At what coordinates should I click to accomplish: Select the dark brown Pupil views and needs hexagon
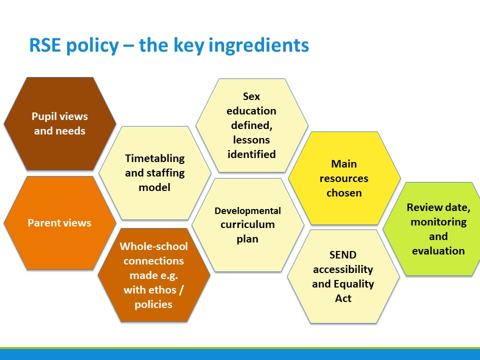(x=60, y=123)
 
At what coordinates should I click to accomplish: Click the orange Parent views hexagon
(x=60, y=223)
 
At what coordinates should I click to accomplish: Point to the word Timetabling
(x=155, y=158)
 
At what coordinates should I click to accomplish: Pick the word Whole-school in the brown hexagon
(x=153, y=246)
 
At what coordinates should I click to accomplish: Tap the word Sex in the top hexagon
(x=251, y=96)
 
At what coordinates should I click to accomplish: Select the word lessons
(x=251, y=140)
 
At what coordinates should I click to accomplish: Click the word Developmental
(x=247, y=211)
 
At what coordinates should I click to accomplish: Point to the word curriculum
(x=247, y=224)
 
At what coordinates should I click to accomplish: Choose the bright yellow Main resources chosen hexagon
(x=344, y=178)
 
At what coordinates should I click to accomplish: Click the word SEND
(x=343, y=254)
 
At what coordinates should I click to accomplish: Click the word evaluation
(x=438, y=251)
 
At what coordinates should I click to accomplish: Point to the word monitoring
(x=438, y=222)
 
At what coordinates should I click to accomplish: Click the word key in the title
(x=190, y=46)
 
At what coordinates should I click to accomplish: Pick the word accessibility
(x=343, y=269)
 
